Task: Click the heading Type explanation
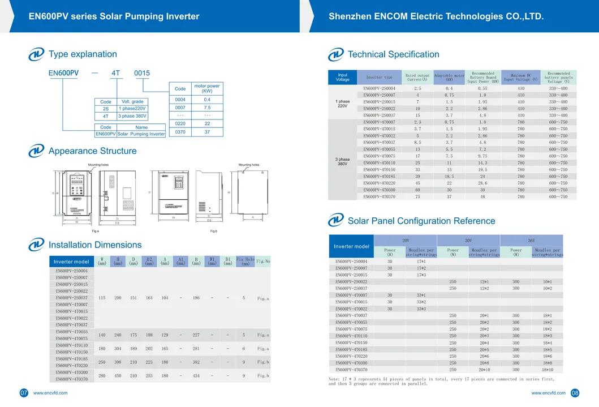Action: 83,54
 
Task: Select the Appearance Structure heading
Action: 92,151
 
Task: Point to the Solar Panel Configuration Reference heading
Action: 421,221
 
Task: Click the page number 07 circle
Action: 24,393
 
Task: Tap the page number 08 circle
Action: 575,393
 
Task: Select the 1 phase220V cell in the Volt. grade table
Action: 132,108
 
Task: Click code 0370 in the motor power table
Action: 180,132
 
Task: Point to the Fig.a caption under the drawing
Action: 95,231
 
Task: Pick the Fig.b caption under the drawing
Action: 214,231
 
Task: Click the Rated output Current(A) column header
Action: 417,77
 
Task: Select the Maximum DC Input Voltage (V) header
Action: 521,77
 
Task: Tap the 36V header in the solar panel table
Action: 531,240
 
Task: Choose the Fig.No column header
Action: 263,261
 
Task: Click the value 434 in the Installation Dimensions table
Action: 196,376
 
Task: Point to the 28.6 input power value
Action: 482,183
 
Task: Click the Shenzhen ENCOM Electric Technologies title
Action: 436,16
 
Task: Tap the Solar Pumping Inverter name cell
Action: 141,134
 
